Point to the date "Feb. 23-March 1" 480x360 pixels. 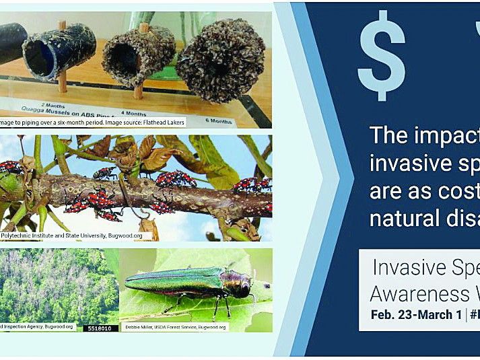(413, 315)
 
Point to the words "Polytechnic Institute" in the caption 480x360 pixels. (30, 236)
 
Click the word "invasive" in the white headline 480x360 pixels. (409, 164)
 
